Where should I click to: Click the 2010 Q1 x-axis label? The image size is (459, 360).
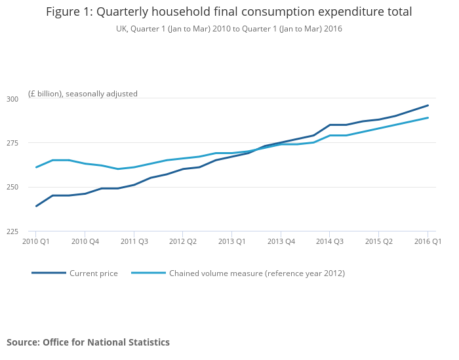(36, 241)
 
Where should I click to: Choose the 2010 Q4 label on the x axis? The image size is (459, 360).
(85, 241)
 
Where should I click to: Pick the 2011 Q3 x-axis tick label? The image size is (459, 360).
(134, 241)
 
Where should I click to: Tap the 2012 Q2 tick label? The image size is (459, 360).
(183, 241)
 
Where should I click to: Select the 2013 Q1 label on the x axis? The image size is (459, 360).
(231, 241)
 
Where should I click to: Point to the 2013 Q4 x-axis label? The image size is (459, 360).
(281, 241)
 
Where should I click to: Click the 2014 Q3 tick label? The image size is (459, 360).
(330, 241)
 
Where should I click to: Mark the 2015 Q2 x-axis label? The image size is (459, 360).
(378, 241)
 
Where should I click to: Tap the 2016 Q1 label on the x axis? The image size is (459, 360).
(428, 241)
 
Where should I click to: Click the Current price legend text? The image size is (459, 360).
(94, 273)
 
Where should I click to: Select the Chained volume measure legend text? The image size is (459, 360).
(257, 273)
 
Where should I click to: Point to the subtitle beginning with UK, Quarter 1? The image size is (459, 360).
(229, 29)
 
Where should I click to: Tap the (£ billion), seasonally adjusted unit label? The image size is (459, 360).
(83, 94)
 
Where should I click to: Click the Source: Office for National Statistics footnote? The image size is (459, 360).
(88, 342)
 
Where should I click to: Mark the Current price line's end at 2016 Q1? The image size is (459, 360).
(428, 105)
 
